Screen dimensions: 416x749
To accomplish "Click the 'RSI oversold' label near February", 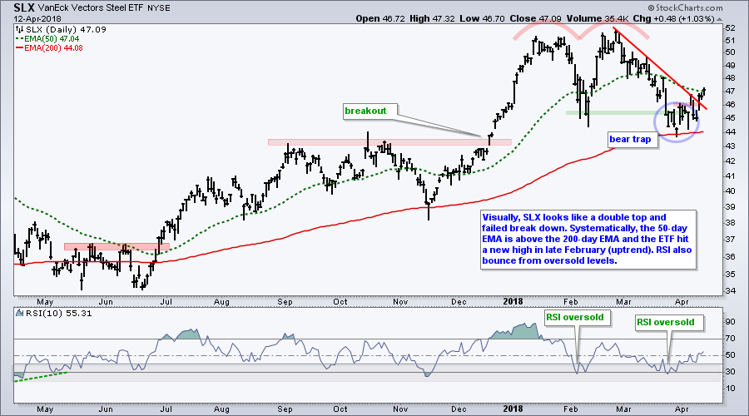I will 574,316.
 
